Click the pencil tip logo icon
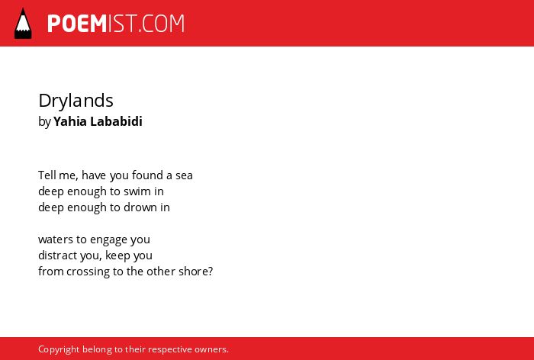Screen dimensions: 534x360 (x=23, y=24)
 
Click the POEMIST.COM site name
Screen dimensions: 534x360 (x=116, y=24)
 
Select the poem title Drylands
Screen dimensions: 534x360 (x=76, y=101)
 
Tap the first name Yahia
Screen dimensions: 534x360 (x=70, y=121)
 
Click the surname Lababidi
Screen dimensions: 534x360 (x=116, y=121)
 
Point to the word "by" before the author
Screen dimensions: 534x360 (x=44, y=122)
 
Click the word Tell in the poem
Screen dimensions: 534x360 (x=47, y=175)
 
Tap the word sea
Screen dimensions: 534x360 (x=185, y=175)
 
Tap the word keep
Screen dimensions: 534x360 (x=117, y=256)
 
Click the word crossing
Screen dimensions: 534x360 (x=88, y=272)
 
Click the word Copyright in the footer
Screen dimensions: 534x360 (x=59, y=350)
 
